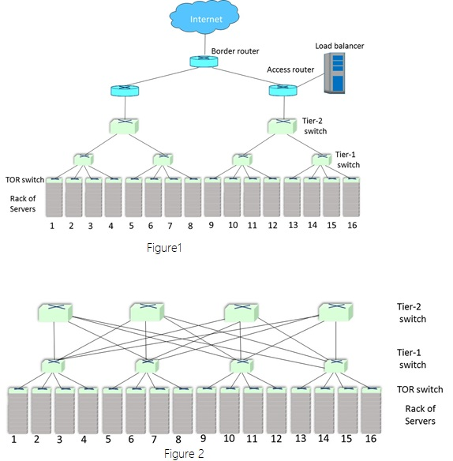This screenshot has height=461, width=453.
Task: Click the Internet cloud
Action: click(204, 17)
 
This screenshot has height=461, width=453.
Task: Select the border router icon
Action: click(204, 61)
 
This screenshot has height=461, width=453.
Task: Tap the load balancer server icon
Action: click(335, 73)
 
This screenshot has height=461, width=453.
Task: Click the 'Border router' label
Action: click(235, 51)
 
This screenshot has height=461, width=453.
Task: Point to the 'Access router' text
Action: click(290, 69)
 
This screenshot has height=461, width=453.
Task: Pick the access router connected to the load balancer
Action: click(283, 90)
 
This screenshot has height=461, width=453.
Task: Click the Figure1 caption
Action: click(164, 248)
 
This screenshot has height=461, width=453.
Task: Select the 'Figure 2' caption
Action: click(184, 454)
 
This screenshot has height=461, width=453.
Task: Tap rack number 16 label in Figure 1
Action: click(352, 225)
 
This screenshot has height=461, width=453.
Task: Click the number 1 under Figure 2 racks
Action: click(13, 439)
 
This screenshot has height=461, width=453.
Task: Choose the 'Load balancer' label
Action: click(339, 46)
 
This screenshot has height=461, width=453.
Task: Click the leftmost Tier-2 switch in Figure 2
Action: click(55, 313)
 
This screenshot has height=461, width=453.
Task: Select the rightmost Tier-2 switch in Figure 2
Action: click(335, 312)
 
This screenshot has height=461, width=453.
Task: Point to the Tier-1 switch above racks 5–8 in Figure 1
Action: click(163, 159)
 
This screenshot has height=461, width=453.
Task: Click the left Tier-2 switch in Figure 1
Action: click(124, 126)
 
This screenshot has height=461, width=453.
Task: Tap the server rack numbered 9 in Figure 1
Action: click(212, 197)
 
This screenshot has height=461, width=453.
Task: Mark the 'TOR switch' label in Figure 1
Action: click(25, 180)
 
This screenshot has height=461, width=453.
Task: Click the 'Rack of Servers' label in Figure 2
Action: click(420, 415)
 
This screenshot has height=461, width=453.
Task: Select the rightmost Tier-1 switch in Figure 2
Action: click(335, 365)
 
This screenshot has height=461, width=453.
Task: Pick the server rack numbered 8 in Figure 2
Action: click(183, 410)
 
